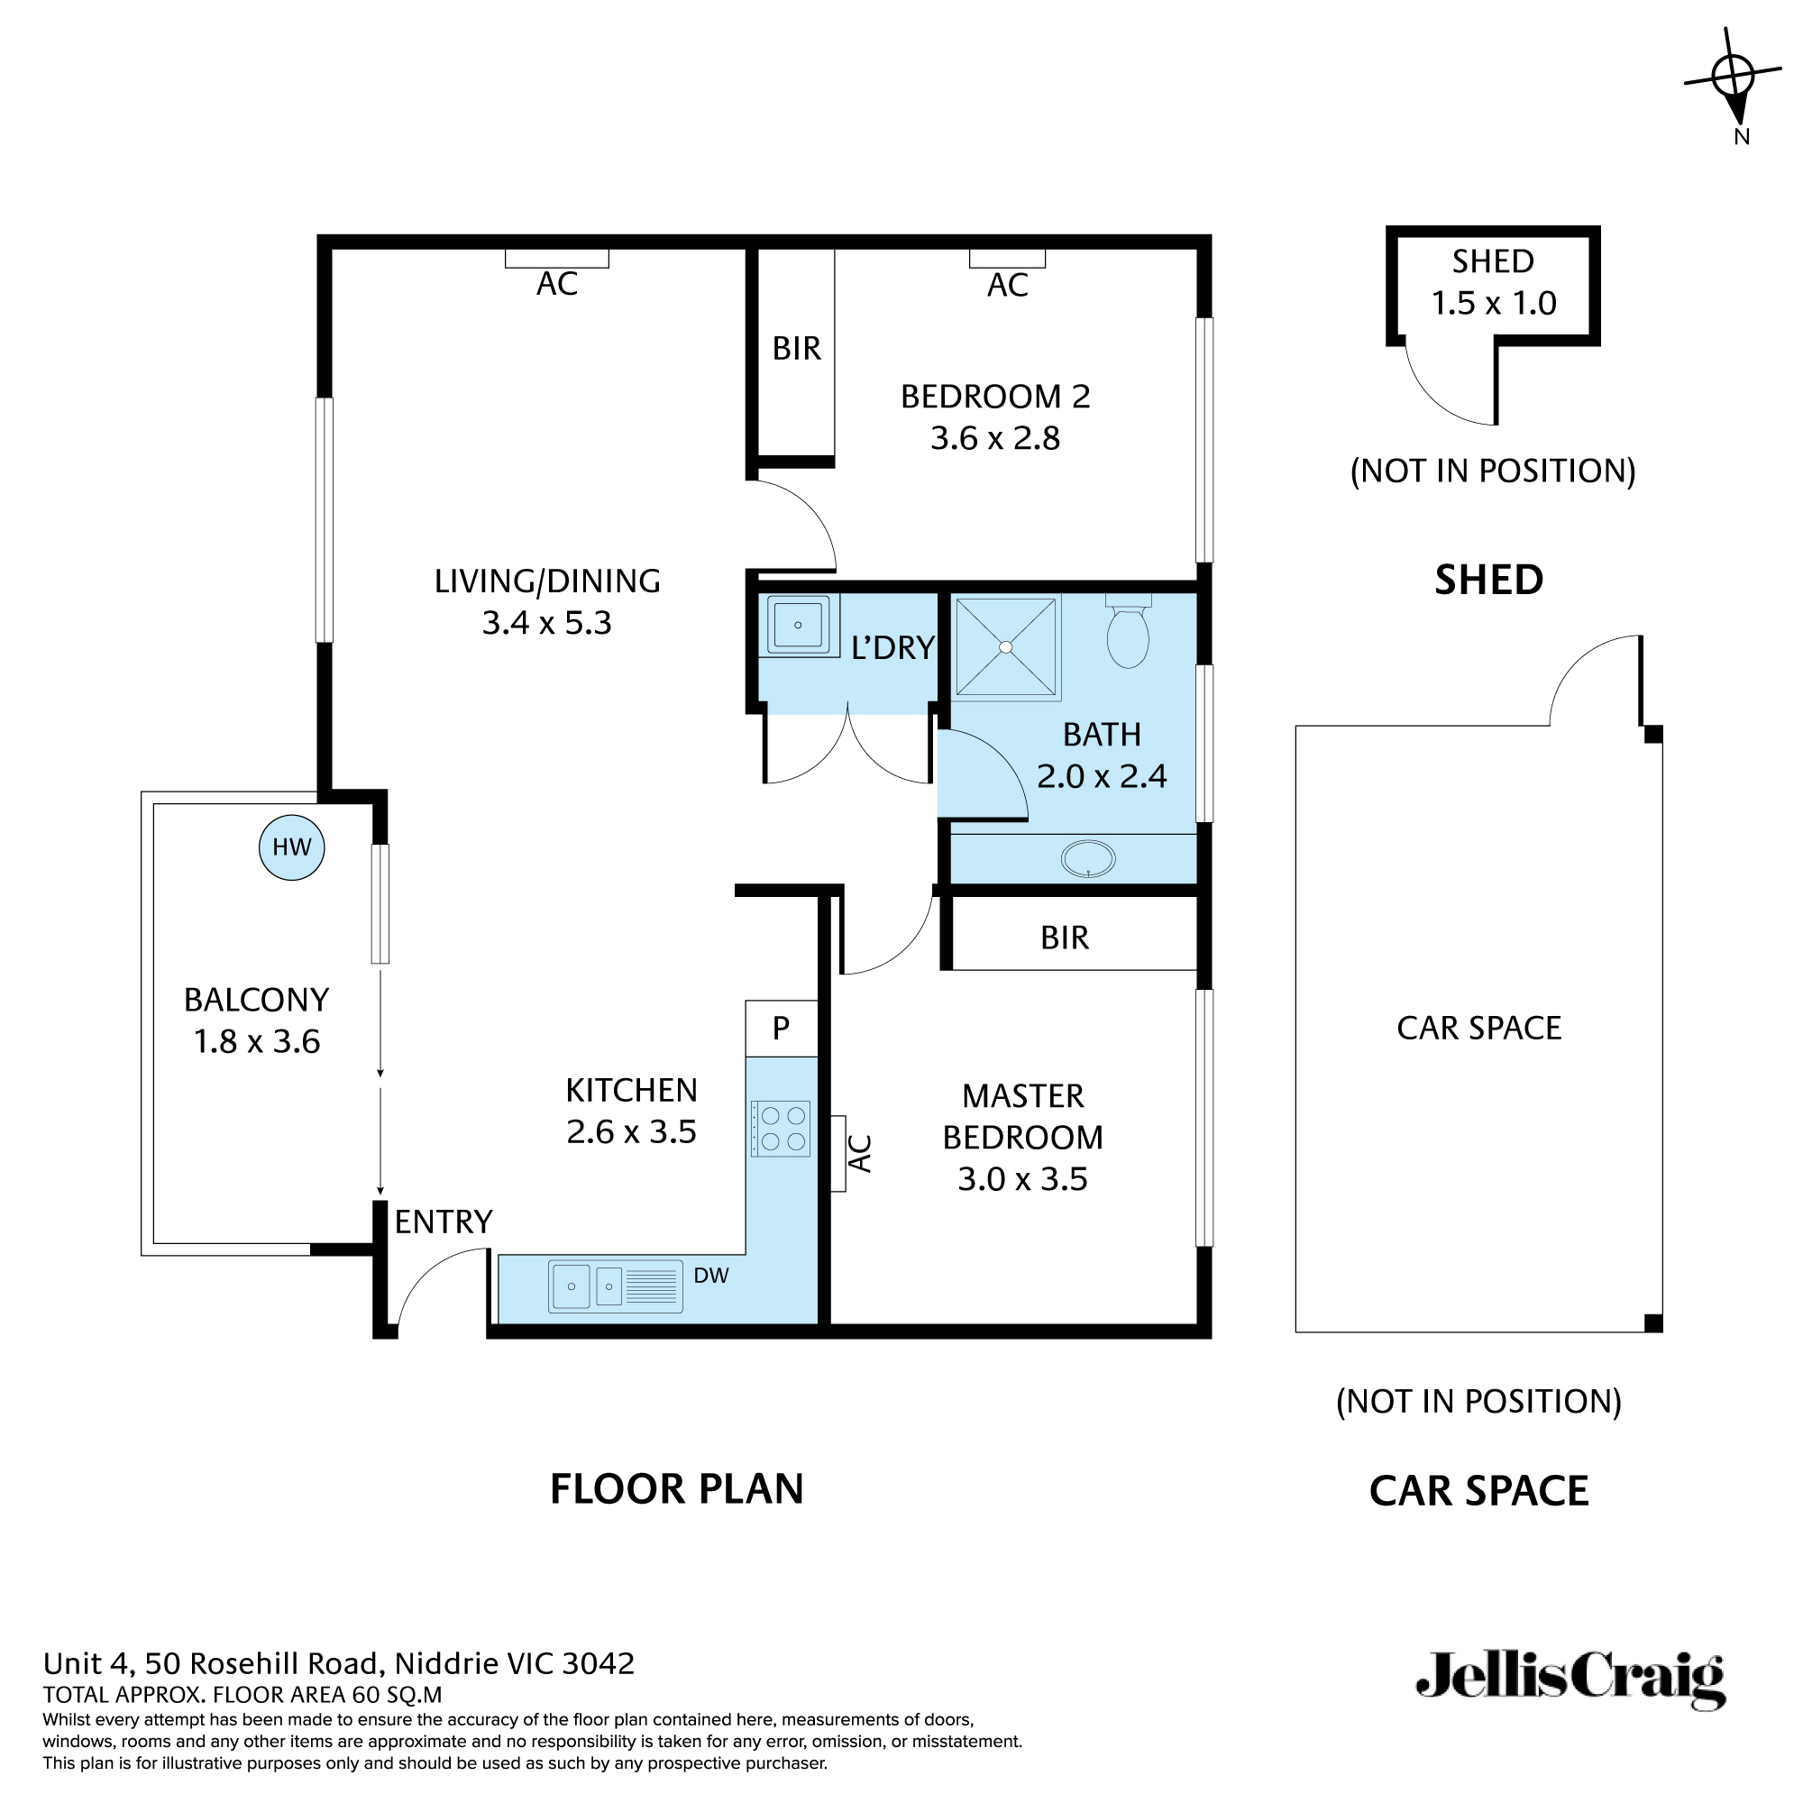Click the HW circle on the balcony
click(x=291, y=847)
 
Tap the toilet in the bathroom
click(x=1128, y=634)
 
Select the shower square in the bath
click(x=1006, y=646)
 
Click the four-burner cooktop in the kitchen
click(x=781, y=1129)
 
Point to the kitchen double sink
click(x=615, y=1286)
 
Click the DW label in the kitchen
click(x=711, y=1276)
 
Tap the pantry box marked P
click(x=781, y=1028)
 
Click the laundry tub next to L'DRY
click(x=798, y=625)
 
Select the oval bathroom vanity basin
click(x=1088, y=858)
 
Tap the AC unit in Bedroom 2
click(x=1007, y=259)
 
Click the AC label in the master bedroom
click(x=859, y=1154)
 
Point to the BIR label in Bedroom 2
click(x=796, y=349)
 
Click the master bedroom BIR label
click(x=1065, y=938)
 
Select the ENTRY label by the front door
click(x=444, y=1222)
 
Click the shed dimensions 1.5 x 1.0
click(x=1493, y=303)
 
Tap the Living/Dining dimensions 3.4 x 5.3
click(x=547, y=622)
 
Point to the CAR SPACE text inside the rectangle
click(x=1478, y=1029)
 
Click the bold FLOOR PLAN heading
click(x=677, y=1488)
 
